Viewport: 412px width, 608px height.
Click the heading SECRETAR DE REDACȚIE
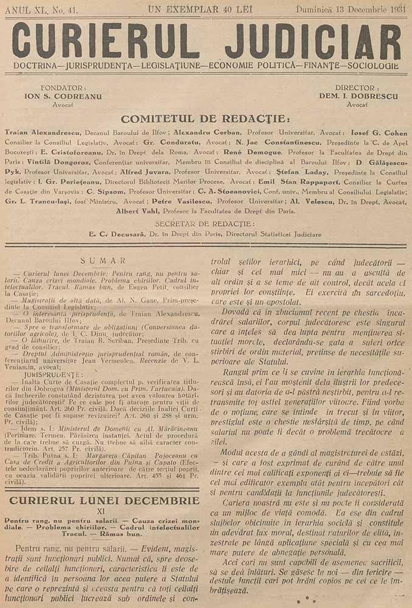[205, 224]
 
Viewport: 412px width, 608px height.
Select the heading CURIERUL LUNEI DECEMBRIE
[102, 500]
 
